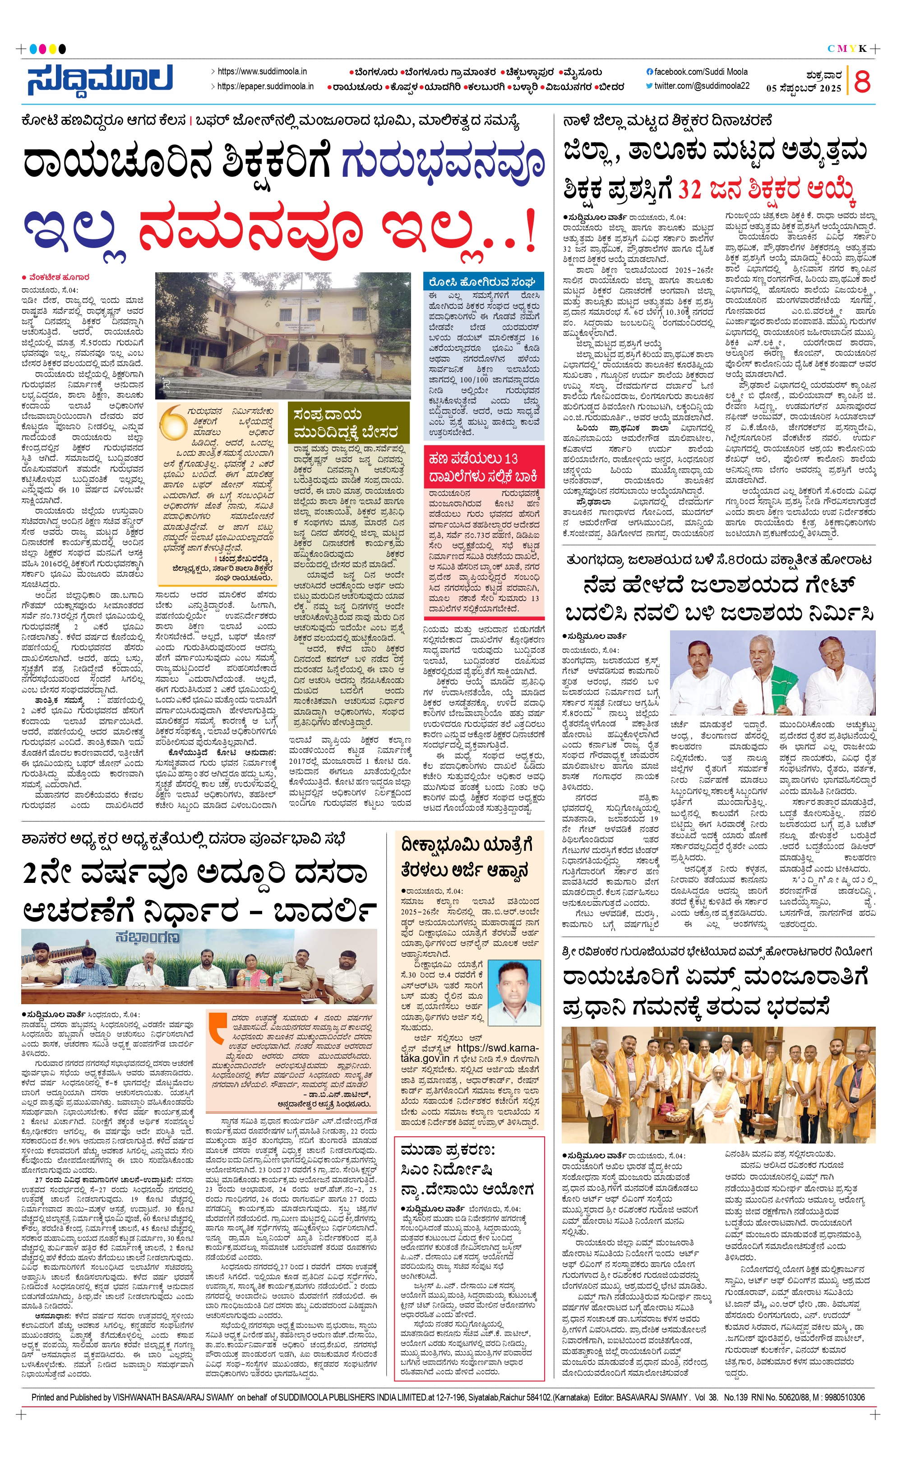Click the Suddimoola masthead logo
click(x=100, y=79)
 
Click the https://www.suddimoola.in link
click(x=262, y=71)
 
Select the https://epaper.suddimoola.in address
click(x=265, y=86)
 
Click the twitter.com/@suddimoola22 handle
click(x=701, y=86)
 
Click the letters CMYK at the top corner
click(x=847, y=49)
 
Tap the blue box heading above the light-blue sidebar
click(x=482, y=281)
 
